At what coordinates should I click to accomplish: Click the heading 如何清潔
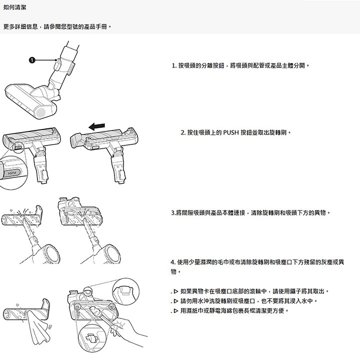coord(15,8)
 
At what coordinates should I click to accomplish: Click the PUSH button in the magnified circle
coord(12,175)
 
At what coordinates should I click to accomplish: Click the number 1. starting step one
coord(173,65)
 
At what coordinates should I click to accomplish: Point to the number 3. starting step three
coord(172,213)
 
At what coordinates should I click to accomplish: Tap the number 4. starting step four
coord(173,263)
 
